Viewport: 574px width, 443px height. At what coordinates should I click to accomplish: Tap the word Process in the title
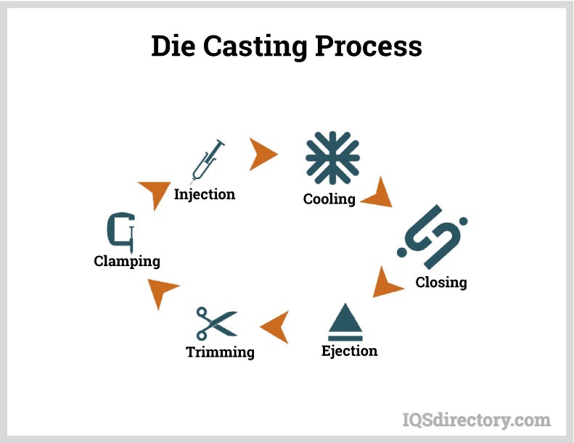(369, 46)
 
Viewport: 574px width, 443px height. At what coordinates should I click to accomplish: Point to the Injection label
(205, 194)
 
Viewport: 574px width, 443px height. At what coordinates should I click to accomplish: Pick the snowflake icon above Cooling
(332, 158)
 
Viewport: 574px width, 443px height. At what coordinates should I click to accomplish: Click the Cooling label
(329, 199)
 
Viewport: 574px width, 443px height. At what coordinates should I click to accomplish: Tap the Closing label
(440, 282)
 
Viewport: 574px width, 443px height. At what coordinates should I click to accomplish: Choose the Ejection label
(350, 351)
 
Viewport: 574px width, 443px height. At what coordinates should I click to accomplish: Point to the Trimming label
(220, 352)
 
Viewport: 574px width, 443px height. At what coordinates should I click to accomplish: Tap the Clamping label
(127, 260)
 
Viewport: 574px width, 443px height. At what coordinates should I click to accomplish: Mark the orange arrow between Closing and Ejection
(386, 283)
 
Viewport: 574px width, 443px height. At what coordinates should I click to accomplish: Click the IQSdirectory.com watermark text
(476, 419)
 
